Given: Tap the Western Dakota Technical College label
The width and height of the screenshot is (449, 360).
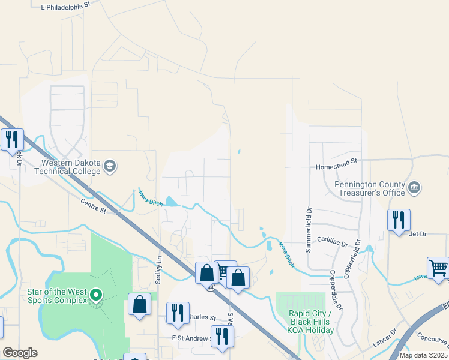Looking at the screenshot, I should (x=71, y=167).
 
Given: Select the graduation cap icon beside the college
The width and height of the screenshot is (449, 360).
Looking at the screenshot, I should (x=110, y=166).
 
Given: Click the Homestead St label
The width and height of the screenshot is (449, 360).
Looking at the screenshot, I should (x=337, y=161).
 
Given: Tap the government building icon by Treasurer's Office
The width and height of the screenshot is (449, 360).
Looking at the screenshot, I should (x=414, y=188).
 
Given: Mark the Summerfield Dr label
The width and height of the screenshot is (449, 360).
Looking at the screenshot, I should (x=309, y=230).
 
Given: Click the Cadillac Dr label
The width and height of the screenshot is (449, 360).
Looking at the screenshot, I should (x=333, y=241).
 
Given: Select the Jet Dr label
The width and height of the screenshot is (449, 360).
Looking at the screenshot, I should (x=417, y=234).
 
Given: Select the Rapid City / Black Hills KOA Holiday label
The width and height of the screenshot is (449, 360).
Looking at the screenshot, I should (x=311, y=322).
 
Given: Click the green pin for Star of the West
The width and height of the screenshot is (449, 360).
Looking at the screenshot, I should (x=94, y=295).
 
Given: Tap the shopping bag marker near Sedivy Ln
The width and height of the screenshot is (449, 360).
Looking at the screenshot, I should (x=139, y=304).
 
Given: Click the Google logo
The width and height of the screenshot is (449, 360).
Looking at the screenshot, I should (x=20, y=353).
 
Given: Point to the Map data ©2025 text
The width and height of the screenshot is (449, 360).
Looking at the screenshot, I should (x=423, y=355).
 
